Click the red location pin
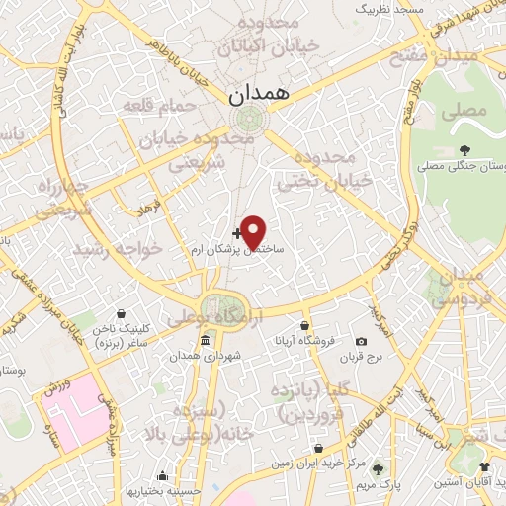pyautogui.click(x=253, y=231)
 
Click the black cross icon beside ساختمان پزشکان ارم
pyautogui.click(x=235, y=234)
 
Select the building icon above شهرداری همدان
pyautogui.click(x=205, y=341)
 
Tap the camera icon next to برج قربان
pyautogui.click(x=374, y=340)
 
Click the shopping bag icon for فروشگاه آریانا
pyautogui.click(x=305, y=326)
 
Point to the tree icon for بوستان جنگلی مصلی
pyautogui.click(x=464, y=151)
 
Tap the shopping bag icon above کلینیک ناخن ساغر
pyautogui.click(x=121, y=313)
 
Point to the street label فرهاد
pyautogui.click(x=148, y=209)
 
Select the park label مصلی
pyautogui.click(x=470, y=112)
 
